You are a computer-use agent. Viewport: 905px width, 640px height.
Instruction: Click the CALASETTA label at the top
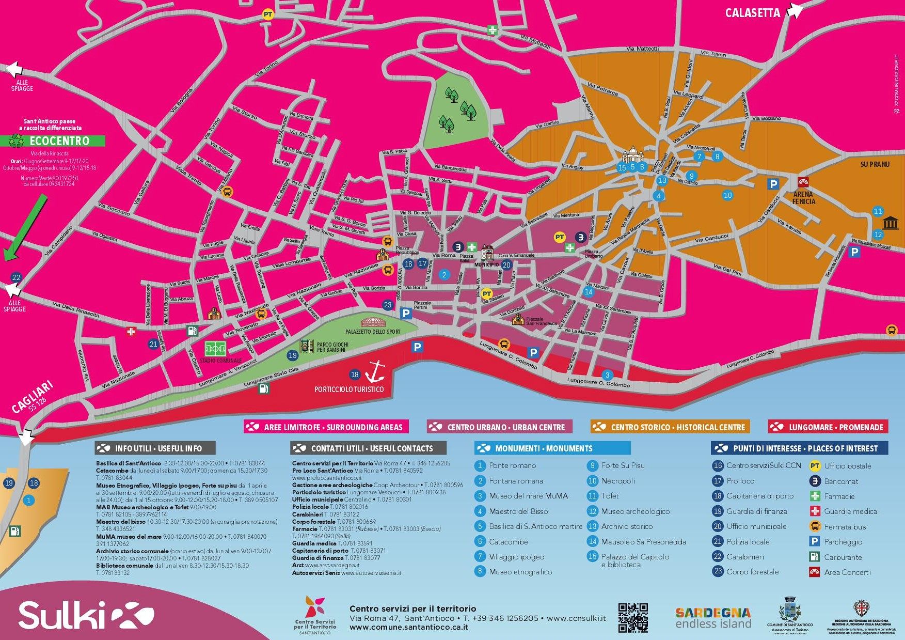752,13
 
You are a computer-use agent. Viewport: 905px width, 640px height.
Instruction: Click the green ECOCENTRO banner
57,141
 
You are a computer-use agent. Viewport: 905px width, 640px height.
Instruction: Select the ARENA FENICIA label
804,197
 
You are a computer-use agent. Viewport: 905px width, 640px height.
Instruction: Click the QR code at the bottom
633,617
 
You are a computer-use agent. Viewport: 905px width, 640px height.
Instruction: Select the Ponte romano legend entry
512,465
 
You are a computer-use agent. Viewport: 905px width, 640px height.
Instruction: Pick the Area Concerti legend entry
847,572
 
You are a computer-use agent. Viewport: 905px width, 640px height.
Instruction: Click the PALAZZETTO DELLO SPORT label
373,332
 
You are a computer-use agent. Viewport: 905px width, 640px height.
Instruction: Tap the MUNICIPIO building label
487,264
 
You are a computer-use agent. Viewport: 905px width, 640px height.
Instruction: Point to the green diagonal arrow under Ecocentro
26,227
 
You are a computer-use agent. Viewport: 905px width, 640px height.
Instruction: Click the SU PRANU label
875,164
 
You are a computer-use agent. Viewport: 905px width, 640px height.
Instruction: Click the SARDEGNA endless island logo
713,618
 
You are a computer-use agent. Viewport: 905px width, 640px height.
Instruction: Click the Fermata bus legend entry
845,527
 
